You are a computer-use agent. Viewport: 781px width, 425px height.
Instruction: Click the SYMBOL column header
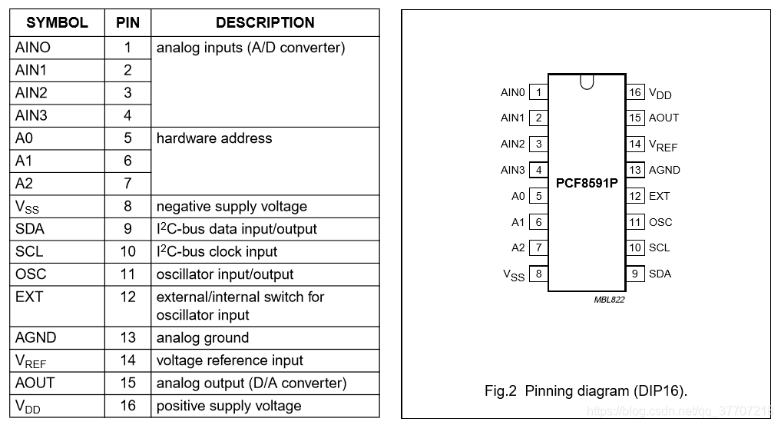(x=57, y=23)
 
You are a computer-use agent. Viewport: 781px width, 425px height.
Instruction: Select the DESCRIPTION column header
(x=265, y=23)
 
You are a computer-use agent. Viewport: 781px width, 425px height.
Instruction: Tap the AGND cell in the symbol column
(x=35, y=337)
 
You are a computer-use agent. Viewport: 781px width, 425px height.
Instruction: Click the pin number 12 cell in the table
(x=127, y=297)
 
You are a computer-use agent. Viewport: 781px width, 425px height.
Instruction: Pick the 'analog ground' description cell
(x=203, y=337)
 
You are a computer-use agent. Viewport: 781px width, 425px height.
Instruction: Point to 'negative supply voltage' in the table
(x=232, y=207)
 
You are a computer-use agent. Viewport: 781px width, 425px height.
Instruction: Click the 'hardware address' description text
(x=214, y=138)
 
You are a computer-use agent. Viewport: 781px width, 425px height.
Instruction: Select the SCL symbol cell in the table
(x=29, y=251)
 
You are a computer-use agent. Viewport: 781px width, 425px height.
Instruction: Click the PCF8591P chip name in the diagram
(x=587, y=184)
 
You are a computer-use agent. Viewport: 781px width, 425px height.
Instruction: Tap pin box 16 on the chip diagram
(x=635, y=92)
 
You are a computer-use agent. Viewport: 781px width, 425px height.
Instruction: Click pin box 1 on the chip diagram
(x=538, y=92)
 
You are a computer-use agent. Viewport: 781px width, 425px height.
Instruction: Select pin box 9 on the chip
(x=635, y=274)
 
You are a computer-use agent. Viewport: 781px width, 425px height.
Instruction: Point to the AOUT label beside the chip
(x=664, y=118)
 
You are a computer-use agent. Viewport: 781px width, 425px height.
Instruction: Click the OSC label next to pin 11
(x=660, y=222)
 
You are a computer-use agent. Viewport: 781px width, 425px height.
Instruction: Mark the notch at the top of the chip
(x=587, y=81)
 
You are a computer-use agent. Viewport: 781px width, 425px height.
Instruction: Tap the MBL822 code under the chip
(x=609, y=300)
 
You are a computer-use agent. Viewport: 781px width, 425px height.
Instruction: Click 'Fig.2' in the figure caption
(x=501, y=391)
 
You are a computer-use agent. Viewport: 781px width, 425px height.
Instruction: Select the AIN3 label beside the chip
(x=513, y=170)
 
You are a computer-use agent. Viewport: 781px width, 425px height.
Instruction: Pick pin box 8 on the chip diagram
(x=538, y=274)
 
